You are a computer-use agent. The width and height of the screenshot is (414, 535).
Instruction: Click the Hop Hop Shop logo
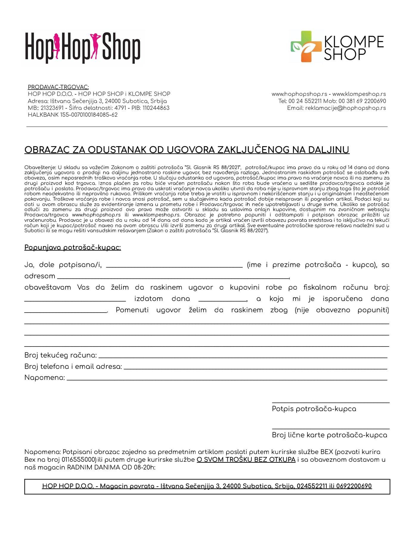pos(83,48)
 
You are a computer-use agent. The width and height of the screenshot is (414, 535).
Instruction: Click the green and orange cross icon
pos(306,46)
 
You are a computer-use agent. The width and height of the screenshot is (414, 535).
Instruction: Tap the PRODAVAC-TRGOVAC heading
pos(58,87)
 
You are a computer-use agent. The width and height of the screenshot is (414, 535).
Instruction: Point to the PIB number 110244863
pos(156,108)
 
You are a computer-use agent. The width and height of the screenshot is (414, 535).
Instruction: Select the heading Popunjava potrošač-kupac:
pos(72,248)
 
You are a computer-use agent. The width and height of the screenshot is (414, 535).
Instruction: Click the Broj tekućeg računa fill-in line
pos(243,357)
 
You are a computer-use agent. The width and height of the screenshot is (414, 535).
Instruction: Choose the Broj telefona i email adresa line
pos(255,368)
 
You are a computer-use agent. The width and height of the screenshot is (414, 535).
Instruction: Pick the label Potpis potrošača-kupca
pos(314,409)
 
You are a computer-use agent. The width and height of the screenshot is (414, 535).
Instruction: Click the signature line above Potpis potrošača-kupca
pos(331,402)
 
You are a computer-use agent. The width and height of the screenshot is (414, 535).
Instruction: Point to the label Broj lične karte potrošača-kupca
pos(329,435)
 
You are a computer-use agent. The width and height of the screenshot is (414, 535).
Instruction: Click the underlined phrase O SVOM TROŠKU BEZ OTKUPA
pos(246,460)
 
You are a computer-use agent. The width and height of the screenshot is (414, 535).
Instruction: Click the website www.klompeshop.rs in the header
pos(359,94)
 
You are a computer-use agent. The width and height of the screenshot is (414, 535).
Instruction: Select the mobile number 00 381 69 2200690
pos(362,101)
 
